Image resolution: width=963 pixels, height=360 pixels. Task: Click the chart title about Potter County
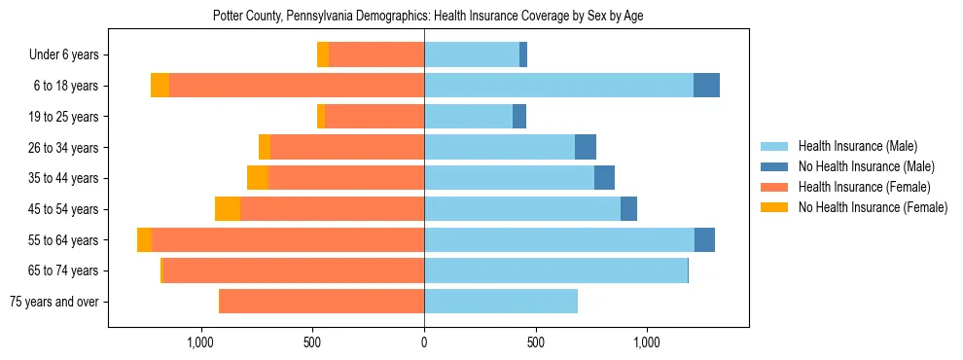428,16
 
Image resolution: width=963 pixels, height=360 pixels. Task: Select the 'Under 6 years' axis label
69,55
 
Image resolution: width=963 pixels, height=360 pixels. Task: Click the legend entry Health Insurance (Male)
857,146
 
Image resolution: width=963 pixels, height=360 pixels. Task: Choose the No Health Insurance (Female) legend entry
873,207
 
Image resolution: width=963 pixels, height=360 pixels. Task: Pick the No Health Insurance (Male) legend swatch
775,166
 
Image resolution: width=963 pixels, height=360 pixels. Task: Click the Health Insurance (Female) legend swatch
775,187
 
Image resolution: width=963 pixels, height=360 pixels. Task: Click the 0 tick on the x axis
424,342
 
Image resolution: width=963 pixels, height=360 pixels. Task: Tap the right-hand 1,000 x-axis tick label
647,342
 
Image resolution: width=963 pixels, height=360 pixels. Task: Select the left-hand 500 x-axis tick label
312,342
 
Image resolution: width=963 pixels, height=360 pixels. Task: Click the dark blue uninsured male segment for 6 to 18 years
706,86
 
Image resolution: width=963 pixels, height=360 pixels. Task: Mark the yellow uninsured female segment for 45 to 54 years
228,209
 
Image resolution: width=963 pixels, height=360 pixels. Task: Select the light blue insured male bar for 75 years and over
501,302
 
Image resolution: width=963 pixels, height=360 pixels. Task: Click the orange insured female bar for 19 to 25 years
374,117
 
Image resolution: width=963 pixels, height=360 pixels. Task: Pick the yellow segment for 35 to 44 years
258,178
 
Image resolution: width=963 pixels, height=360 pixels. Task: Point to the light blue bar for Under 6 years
472,55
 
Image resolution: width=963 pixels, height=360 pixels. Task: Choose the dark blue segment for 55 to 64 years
704,240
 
